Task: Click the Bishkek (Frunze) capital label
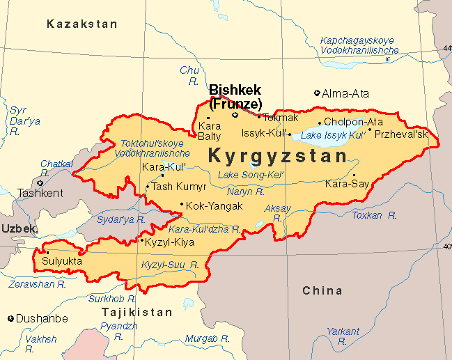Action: [235, 97]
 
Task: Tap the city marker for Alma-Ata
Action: [318, 93]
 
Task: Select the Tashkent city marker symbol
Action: [40, 183]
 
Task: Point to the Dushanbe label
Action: [42, 318]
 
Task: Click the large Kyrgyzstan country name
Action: [278, 155]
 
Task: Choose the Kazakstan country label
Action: [82, 24]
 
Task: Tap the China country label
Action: [322, 290]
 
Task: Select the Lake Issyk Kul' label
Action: [333, 134]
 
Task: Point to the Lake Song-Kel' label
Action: [250, 174]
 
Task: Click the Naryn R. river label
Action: [246, 191]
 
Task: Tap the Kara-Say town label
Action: [345, 185]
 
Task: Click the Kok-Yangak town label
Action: [214, 206]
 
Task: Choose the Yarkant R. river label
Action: [343, 336]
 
